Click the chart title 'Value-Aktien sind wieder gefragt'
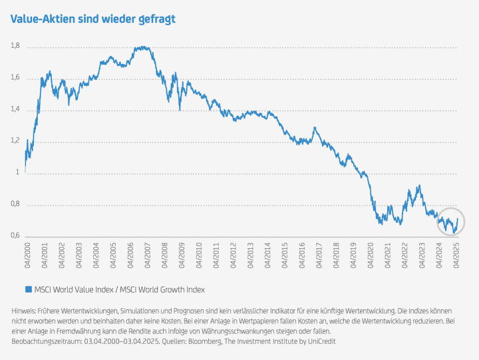(x=92, y=19)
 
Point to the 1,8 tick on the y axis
(x=15, y=46)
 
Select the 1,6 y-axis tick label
(x=15, y=78)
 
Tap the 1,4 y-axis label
(x=15, y=109)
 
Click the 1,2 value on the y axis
(x=15, y=141)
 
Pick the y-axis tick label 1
(x=17, y=173)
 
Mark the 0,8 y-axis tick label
(x=15, y=204)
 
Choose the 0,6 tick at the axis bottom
(x=15, y=236)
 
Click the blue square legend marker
(x=28, y=289)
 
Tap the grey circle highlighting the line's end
(x=451, y=224)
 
